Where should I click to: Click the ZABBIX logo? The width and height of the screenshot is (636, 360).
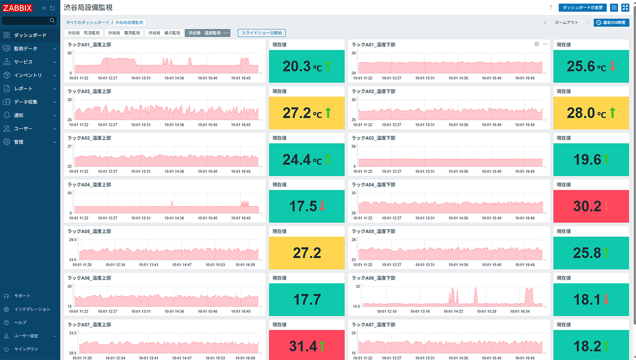[x=17, y=7]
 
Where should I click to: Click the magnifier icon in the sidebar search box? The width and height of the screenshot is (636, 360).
[x=52, y=20]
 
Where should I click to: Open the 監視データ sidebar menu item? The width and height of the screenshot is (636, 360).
[x=25, y=49]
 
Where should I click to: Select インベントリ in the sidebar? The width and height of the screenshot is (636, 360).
[x=28, y=75]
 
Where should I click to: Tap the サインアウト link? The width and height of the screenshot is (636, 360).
[x=26, y=349]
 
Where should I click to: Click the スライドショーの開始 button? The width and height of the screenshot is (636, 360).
[x=261, y=33]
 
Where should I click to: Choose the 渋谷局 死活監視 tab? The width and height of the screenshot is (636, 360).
[x=84, y=33]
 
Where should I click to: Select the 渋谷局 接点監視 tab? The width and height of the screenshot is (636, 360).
[x=164, y=33]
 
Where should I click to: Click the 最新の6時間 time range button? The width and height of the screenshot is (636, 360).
[x=611, y=23]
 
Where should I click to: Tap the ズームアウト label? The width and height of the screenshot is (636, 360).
[x=566, y=23]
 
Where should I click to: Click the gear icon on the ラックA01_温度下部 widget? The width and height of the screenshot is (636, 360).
[x=537, y=44]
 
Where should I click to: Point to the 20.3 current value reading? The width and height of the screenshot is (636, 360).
[x=297, y=67]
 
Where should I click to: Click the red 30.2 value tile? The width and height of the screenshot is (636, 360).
[x=591, y=206]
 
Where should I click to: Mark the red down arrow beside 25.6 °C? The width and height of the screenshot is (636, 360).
[x=613, y=66]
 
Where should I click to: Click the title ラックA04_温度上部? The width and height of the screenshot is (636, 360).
[x=89, y=184]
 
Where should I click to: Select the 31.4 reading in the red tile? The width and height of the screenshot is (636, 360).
[x=303, y=347]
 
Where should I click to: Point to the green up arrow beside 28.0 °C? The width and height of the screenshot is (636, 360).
[x=613, y=113]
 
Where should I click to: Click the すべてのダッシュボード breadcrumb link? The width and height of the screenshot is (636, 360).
[x=88, y=23]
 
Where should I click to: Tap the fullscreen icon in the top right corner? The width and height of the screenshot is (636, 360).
[x=625, y=7]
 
